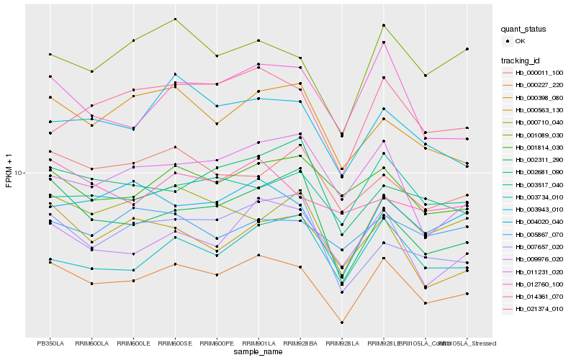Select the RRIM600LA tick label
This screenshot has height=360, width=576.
92,343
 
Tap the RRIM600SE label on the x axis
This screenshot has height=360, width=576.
175,343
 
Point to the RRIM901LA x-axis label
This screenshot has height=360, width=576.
258,343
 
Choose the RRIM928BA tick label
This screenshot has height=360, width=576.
300,343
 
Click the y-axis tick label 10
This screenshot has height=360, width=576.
19,173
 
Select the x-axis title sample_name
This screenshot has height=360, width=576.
258,352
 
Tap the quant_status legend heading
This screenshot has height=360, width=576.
525,29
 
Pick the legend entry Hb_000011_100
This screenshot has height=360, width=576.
539,73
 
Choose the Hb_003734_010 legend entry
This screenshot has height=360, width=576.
539,197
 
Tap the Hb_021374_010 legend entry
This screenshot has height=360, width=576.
539,309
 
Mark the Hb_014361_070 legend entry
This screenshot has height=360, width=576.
539,296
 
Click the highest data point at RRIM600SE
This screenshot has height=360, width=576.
175,19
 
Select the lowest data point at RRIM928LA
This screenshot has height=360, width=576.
342,323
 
